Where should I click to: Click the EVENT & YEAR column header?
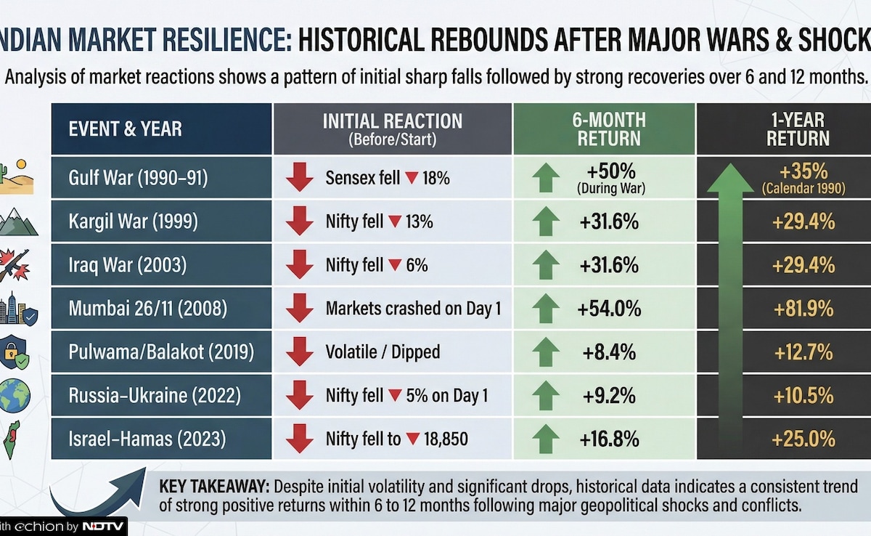[125, 129]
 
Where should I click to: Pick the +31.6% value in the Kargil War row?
[609, 222]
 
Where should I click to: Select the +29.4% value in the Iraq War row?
[803, 266]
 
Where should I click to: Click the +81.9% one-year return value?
[803, 309]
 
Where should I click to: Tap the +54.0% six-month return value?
[609, 309]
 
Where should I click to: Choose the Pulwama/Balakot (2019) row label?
[161, 352]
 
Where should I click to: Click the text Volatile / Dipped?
[383, 352]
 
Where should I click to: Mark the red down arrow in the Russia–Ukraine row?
[298, 396]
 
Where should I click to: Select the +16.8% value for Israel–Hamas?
[609, 439]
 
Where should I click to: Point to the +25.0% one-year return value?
[803, 439]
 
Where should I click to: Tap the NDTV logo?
[102, 526]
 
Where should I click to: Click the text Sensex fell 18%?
[388, 178]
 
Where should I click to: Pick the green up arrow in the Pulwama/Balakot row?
[546, 352]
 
